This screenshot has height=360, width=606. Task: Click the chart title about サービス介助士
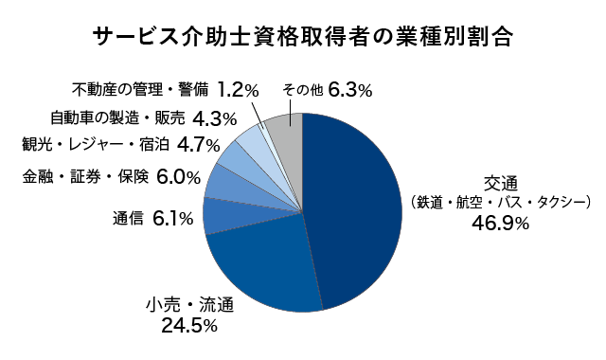(x=303, y=38)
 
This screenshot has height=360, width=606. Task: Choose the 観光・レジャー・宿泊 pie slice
(x=237, y=157)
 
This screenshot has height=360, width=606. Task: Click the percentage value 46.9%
(x=500, y=224)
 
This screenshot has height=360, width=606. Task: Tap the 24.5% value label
(x=189, y=326)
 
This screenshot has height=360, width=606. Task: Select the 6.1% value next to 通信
(x=173, y=219)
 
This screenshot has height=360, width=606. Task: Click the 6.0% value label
(x=178, y=176)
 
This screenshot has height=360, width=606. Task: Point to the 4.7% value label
(x=199, y=145)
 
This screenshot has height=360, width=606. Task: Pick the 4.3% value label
(x=214, y=118)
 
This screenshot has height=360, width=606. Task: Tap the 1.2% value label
(x=238, y=90)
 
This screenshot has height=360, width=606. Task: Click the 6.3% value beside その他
(x=350, y=91)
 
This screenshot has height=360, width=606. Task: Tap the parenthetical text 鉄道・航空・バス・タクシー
(x=501, y=202)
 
